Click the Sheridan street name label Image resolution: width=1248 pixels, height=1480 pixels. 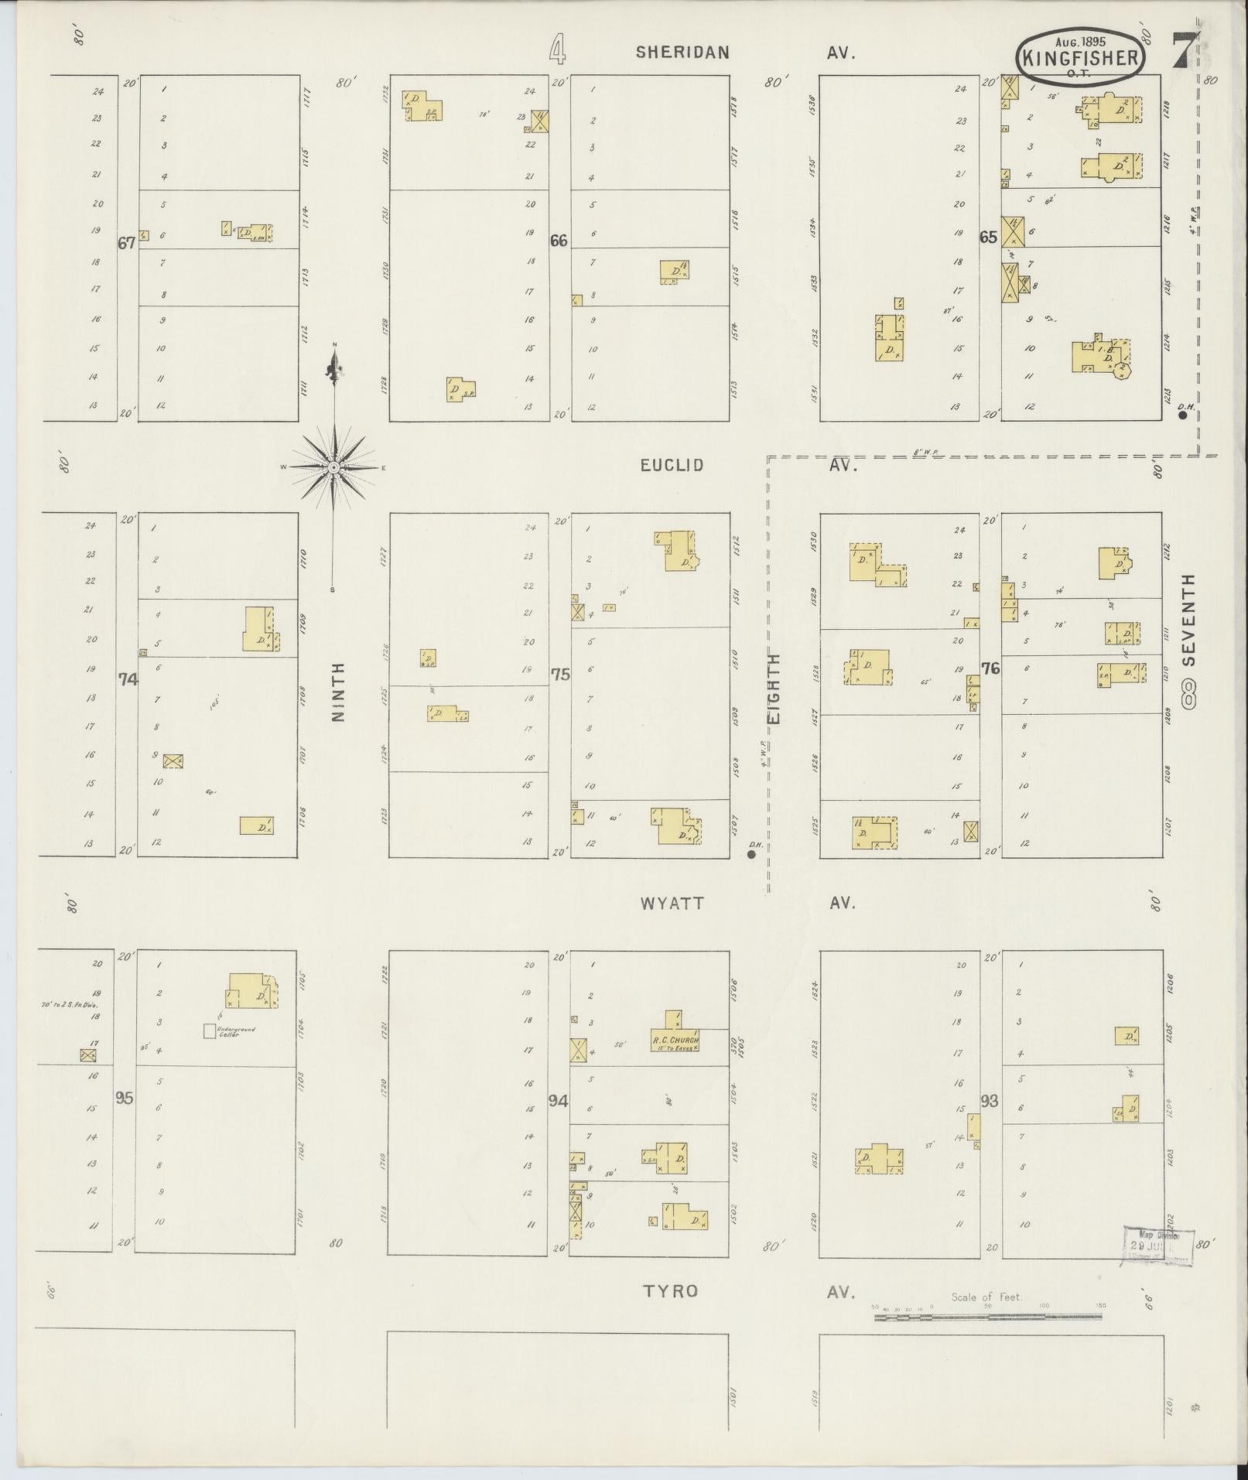point(682,52)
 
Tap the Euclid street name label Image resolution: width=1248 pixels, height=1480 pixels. point(672,465)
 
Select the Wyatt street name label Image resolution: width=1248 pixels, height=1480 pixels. point(672,903)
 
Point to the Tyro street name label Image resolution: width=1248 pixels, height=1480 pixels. point(671,1290)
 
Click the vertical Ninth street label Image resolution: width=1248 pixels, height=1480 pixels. point(337,692)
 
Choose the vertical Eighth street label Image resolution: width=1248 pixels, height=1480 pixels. point(774,689)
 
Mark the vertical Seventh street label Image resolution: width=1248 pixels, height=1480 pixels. point(1188,619)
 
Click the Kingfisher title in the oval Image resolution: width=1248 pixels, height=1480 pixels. point(1080,58)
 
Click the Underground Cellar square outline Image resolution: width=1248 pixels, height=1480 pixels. point(209,1031)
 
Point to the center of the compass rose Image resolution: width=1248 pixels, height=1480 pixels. point(333,467)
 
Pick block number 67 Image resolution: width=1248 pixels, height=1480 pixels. point(126,242)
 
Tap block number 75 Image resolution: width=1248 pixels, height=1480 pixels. point(559,674)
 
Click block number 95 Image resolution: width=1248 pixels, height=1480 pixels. point(125,1097)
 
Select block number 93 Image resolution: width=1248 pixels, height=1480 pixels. point(988,1100)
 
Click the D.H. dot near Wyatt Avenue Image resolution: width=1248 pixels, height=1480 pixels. point(751,854)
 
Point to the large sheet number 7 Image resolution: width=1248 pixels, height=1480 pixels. point(1181,51)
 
